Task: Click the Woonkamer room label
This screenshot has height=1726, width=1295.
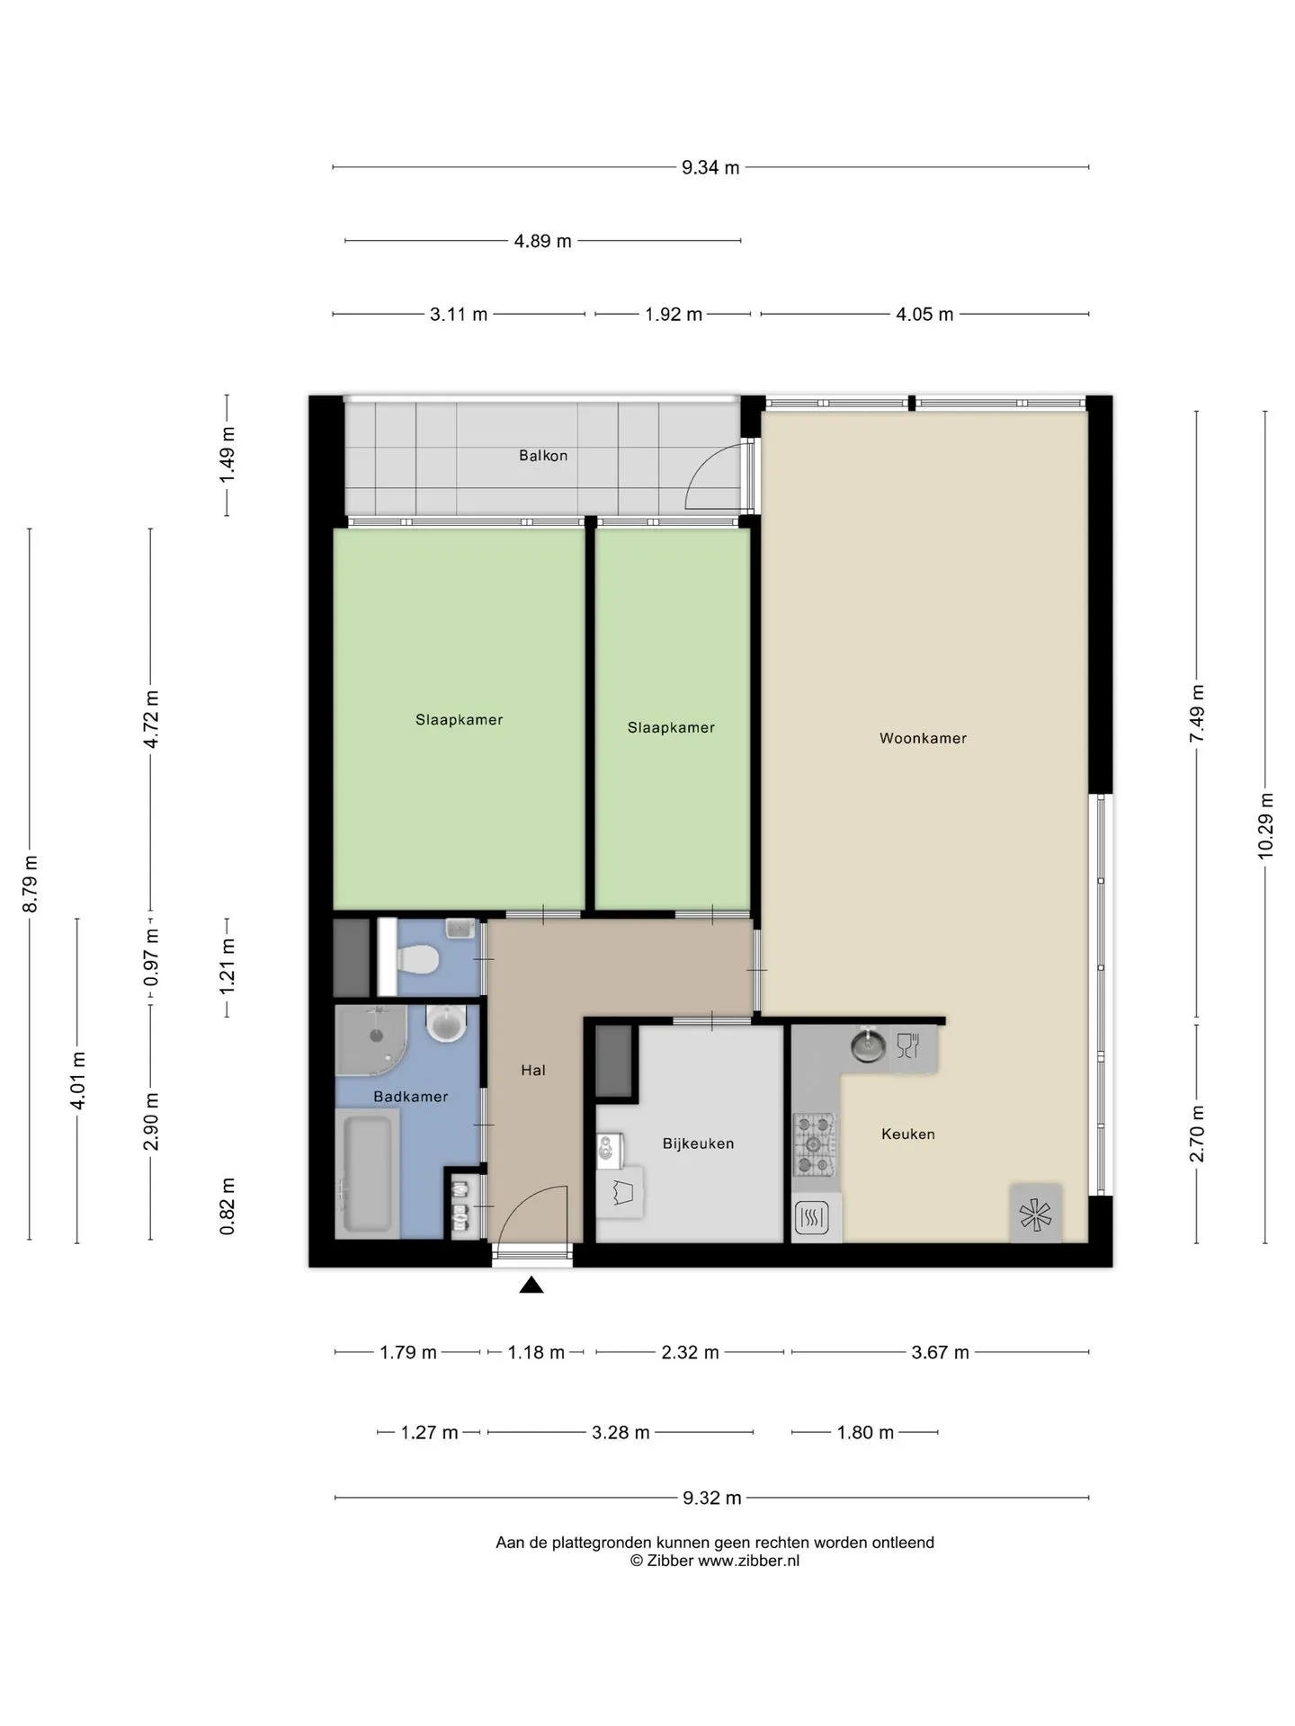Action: tap(923, 738)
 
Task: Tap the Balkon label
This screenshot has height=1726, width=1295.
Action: tap(543, 456)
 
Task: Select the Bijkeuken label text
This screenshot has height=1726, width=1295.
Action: tap(698, 1143)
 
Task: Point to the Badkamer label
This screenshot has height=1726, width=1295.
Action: tap(410, 1097)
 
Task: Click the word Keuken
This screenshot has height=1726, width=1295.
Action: tap(908, 1134)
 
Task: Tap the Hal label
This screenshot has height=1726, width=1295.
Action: tap(533, 1070)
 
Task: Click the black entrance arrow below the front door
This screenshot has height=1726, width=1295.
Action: tap(531, 1286)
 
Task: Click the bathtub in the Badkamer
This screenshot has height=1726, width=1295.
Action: tap(365, 1172)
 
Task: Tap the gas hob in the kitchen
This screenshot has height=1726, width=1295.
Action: tap(814, 1145)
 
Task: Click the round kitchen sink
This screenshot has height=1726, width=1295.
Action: tap(868, 1045)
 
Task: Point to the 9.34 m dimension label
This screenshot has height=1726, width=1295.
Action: tap(710, 167)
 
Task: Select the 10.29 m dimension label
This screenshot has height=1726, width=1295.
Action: tap(1265, 825)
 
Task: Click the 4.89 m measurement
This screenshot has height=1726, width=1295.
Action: tap(543, 241)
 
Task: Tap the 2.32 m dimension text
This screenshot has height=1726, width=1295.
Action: tap(690, 1352)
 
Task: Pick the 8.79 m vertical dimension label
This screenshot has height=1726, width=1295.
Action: tap(30, 883)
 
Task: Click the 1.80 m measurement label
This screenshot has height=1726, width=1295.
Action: tap(865, 1432)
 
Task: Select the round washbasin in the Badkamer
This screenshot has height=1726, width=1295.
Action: tap(445, 1023)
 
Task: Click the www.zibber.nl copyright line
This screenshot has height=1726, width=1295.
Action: tap(715, 1561)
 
